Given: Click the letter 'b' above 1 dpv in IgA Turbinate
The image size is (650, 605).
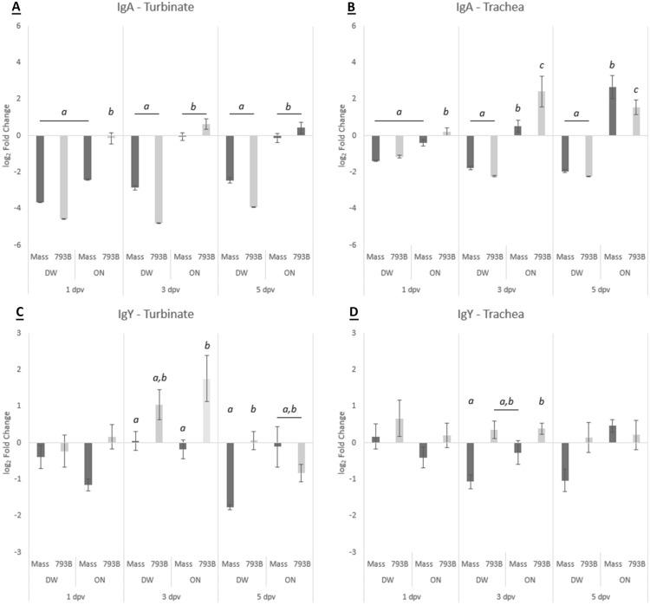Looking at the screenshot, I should (110, 112).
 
